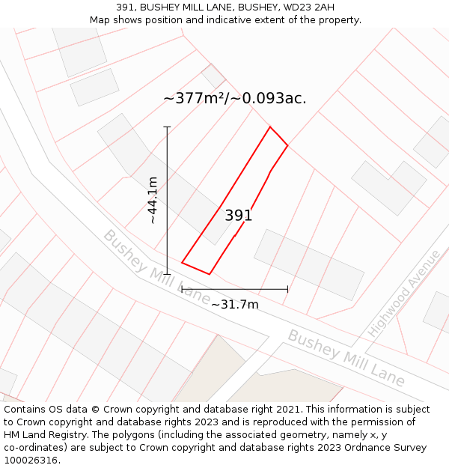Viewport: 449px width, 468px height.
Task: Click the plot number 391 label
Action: coord(239,216)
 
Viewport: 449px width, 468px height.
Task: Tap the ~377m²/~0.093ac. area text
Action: coord(234,98)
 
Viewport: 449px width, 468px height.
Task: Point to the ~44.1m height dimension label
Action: coord(153,200)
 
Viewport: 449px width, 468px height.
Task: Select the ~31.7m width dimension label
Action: coord(234,304)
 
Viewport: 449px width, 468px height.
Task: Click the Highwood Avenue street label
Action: coord(404,293)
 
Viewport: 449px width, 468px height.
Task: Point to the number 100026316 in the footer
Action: coord(31,461)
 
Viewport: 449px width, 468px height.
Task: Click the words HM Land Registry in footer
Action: coord(39,435)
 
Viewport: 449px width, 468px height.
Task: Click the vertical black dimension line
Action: coord(168,200)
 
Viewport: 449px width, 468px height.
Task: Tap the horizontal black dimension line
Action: coord(234,289)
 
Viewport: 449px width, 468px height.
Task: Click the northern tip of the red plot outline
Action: coord(270,127)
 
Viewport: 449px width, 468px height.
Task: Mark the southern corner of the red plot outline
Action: coord(209,274)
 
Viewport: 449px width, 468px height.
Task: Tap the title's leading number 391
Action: coord(125,7)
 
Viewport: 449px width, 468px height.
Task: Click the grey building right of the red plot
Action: coord(308,264)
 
